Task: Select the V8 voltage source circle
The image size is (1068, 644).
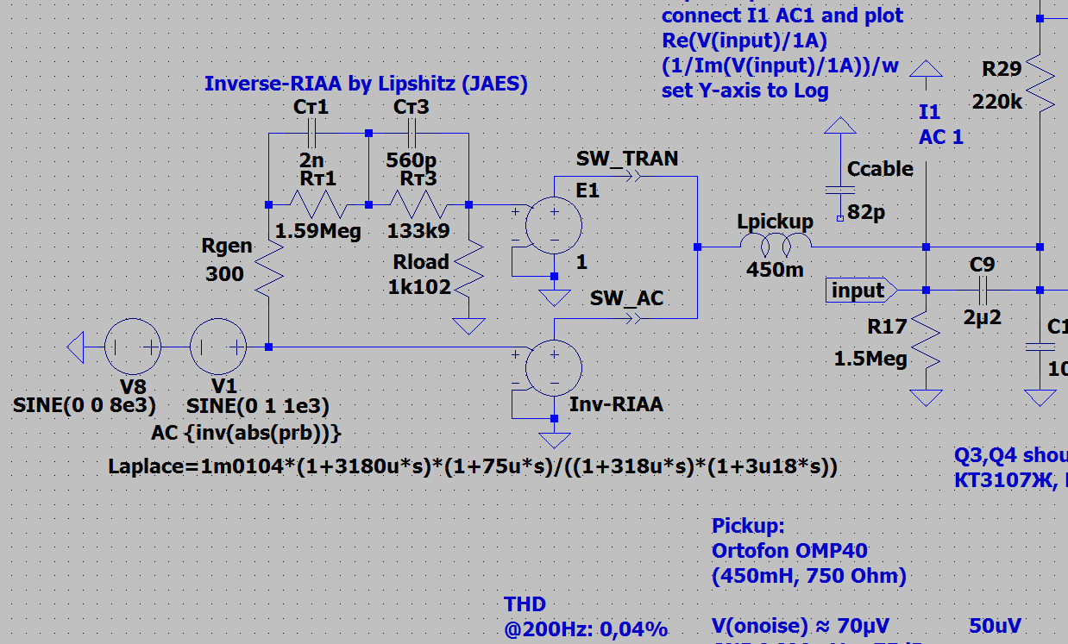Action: pyautogui.click(x=133, y=347)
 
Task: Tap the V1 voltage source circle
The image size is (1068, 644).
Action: pyautogui.click(x=218, y=347)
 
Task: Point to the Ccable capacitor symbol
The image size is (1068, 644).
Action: pyautogui.click(x=835, y=190)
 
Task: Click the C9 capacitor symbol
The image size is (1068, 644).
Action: pyautogui.click(x=983, y=290)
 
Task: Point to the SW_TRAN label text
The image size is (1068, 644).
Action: pyautogui.click(x=627, y=159)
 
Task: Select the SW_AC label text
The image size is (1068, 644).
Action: pyautogui.click(x=627, y=298)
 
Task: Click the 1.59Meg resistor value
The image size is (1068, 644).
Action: pyautogui.click(x=318, y=231)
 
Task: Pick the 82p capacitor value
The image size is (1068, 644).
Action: pyautogui.click(x=866, y=212)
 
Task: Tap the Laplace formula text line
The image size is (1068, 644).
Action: pyautogui.click(x=473, y=466)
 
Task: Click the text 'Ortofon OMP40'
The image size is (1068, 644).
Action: pyautogui.click(x=789, y=551)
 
